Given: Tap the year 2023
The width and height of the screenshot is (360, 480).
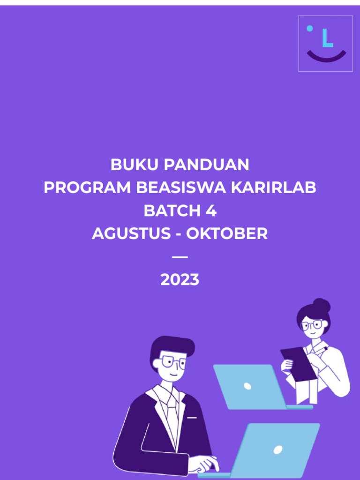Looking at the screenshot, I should tap(180, 280).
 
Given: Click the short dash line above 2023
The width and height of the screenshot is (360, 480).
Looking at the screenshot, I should tap(180, 257).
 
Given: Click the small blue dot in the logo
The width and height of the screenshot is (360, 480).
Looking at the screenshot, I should tap(309, 28).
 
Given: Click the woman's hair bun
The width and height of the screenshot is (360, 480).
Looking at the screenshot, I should tap(322, 306).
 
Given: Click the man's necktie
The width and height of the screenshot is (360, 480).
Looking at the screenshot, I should tap(172, 411).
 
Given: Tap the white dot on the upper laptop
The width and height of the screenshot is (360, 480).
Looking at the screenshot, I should tap(247, 386).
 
